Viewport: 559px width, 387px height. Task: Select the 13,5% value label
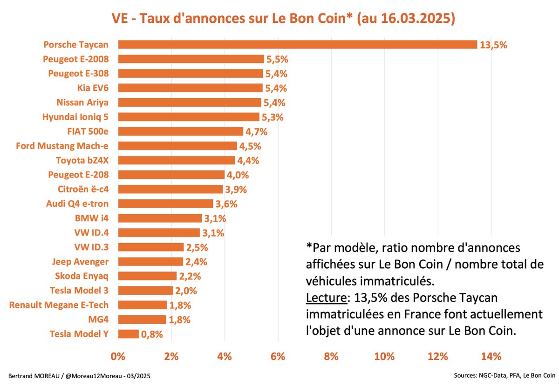[x=493, y=45]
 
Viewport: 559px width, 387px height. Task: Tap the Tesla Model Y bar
[x=128, y=334]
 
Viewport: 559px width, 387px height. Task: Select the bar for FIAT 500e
[x=180, y=131]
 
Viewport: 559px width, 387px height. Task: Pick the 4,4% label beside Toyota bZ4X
[x=248, y=161]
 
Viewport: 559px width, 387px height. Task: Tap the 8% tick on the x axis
[x=331, y=357]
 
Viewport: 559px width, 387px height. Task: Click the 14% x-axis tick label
[x=491, y=357]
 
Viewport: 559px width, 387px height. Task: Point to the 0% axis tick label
[x=118, y=357]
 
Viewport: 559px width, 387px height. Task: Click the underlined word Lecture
[x=325, y=297]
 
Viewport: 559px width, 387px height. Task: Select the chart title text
[x=283, y=19]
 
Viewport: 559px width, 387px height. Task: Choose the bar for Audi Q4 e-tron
[x=165, y=204]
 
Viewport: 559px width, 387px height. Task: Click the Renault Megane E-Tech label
[x=59, y=305]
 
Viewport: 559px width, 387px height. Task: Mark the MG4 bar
[x=142, y=319]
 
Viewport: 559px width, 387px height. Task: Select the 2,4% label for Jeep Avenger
[x=196, y=262]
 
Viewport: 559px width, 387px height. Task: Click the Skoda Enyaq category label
[x=81, y=276]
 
